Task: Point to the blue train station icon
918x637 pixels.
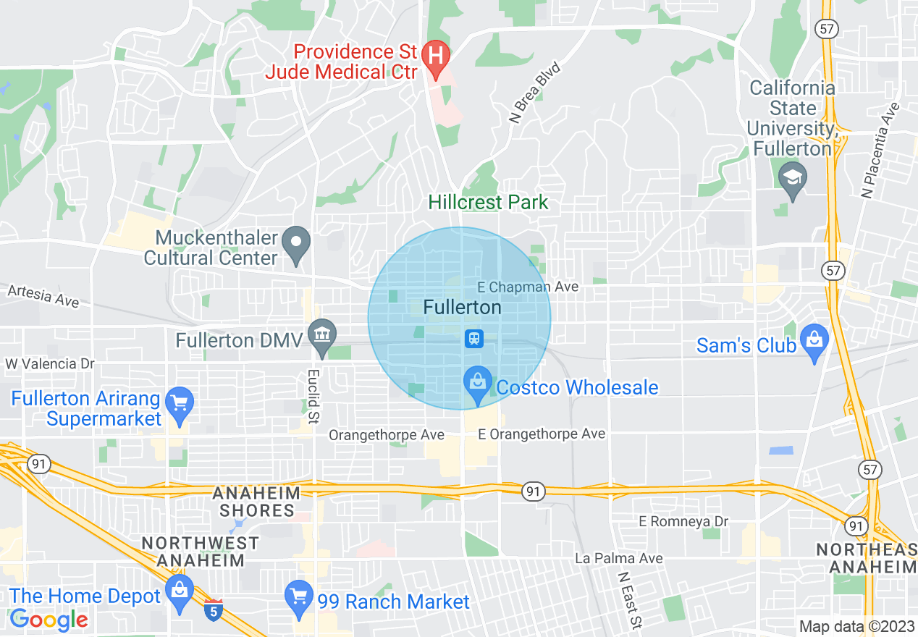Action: click(x=474, y=338)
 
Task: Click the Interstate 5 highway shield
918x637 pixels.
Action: click(x=213, y=610)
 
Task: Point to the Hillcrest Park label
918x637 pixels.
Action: click(x=488, y=202)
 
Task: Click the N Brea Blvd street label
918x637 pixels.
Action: click(x=535, y=93)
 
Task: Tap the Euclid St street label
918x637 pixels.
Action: click(x=314, y=397)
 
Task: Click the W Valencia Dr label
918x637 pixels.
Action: click(x=50, y=363)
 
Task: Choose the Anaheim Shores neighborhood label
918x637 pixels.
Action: click(x=257, y=502)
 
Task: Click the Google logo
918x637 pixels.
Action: click(x=49, y=620)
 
